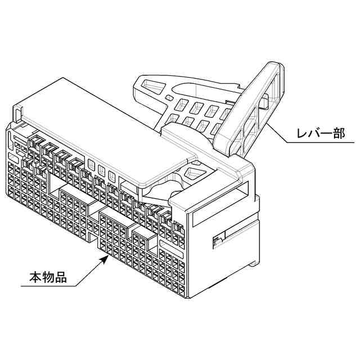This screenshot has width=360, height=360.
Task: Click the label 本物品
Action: (48, 277)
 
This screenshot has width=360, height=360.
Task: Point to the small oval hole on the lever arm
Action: (168, 99)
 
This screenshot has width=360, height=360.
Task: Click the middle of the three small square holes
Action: (102, 169)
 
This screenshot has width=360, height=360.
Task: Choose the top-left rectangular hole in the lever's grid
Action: (183, 104)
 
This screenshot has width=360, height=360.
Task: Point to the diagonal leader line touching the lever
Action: (278, 133)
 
